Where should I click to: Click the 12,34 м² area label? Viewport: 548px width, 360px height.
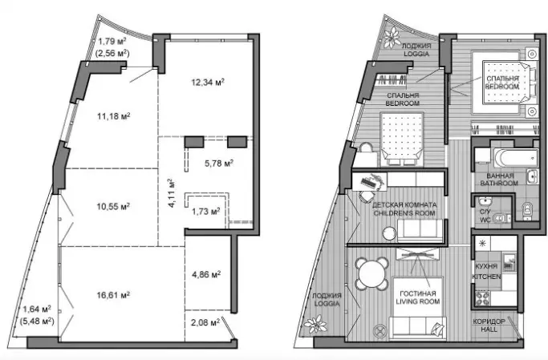tap(208, 82)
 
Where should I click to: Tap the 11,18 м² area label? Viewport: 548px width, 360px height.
tap(114, 116)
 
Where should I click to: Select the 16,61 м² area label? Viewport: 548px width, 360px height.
tap(113, 295)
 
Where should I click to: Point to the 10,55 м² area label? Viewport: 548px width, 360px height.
tap(113, 207)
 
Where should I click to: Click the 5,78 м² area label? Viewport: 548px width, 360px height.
tap(219, 163)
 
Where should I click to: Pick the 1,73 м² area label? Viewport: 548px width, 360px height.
tap(206, 211)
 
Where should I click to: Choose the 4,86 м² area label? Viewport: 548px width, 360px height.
tap(206, 274)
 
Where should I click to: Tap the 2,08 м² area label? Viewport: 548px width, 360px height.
tap(205, 322)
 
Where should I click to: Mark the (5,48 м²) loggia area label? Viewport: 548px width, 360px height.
tap(37, 321)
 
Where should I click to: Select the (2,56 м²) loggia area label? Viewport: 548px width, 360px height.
tap(112, 54)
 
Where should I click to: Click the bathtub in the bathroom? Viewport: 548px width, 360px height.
tap(516, 158)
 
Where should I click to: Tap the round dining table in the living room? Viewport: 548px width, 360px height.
tap(372, 273)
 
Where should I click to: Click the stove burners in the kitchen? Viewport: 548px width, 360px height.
tap(483, 298)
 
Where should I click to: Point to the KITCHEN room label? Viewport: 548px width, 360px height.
tap(486, 277)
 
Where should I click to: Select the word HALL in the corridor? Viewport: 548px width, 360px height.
tap(489, 329)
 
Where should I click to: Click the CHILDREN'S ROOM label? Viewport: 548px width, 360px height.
tap(404, 213)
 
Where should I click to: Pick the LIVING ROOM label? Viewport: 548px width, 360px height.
tap(418, 301)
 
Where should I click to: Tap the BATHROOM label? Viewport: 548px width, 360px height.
tap(499, 183)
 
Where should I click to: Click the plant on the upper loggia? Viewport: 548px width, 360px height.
tap(392, 38)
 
